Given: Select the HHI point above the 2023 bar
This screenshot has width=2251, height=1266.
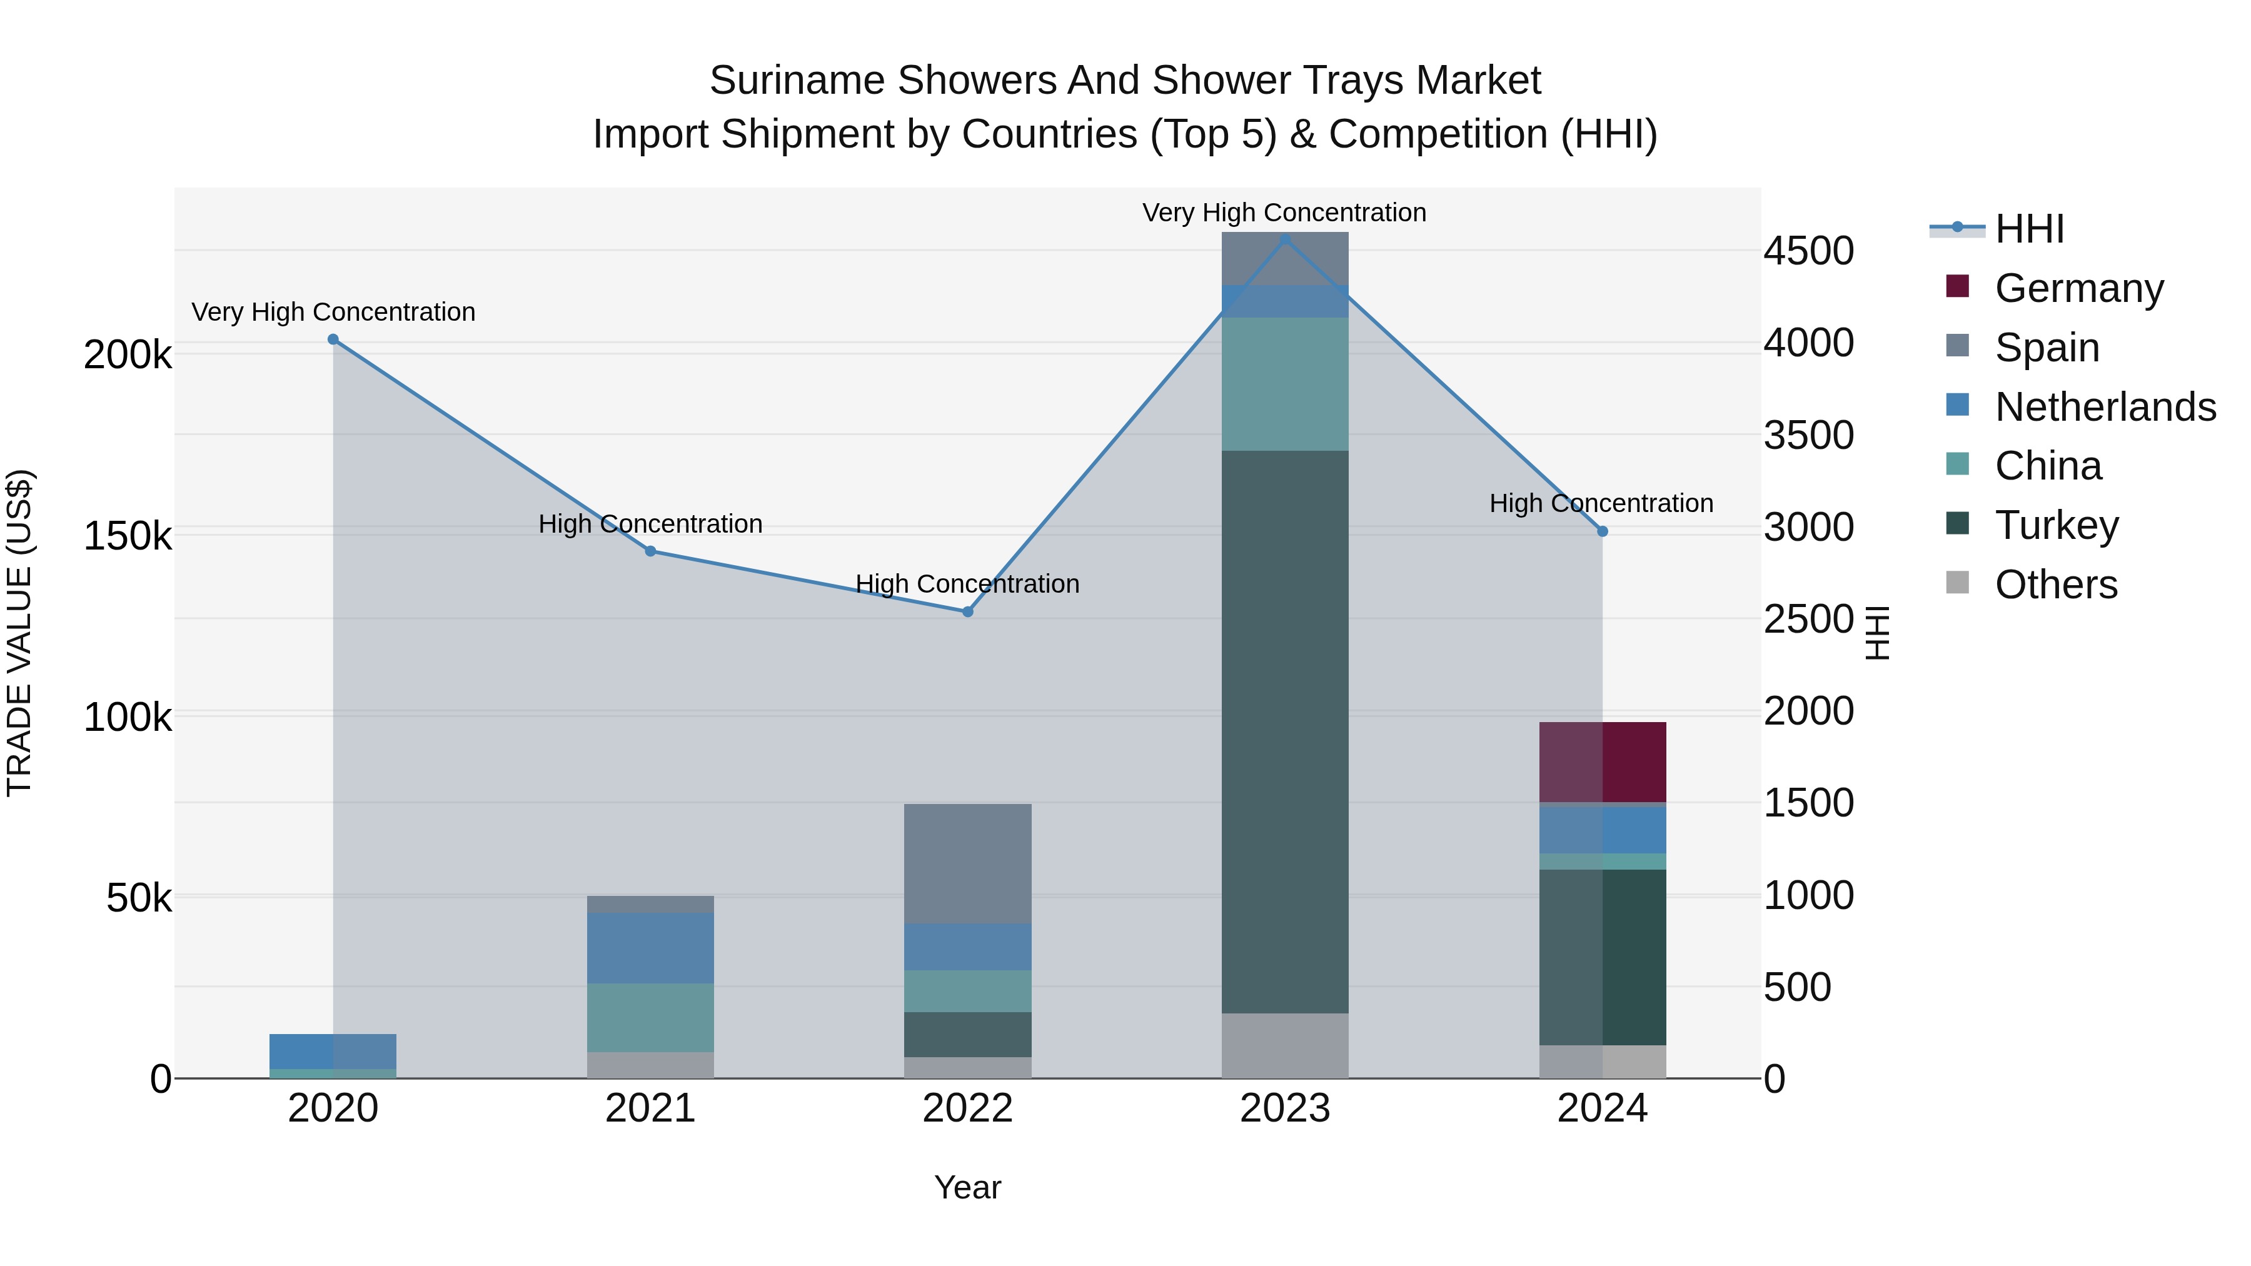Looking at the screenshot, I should pyautogui.click(x=1284, y=239).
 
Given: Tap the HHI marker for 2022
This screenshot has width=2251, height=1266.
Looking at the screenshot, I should pyautogui.click(x=967, y=611).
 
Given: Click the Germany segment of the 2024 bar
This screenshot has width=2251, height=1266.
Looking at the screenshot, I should pyautogui.click(x=1602, y=762).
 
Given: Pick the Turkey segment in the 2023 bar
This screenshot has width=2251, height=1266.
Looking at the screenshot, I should pyautogui.click(x=1284, y=732).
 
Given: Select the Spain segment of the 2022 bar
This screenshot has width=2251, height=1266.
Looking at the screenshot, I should pyautogui.click(x=967, y=863).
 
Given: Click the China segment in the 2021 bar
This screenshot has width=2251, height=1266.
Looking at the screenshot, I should pyautogui.click(x=650, y=1017).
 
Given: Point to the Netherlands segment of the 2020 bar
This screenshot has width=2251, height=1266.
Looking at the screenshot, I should pyautogui.click(x=333, y=1051).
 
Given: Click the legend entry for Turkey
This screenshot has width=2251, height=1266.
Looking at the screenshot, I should pyautogui.click(x=2056, y=525).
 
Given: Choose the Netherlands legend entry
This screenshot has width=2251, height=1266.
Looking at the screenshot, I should pyautogui.click(x=2104, y=407).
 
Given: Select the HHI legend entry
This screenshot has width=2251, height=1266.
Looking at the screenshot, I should pyautogui.click(x=2029, y=229).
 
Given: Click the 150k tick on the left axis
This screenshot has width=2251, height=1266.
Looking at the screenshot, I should pyautogui.click(x=128, y=536).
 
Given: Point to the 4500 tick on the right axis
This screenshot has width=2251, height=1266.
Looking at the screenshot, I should pyautogui.click(x=1808, y=251).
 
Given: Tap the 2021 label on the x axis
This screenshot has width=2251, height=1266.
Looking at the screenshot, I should pyautogui.click(x=650, y=1108).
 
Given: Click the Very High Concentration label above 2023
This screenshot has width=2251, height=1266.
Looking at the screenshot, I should pyautogui.click(x=1284, y=213).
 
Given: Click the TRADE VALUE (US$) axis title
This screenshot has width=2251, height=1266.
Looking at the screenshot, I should pyautogui.click(x=19, y=633).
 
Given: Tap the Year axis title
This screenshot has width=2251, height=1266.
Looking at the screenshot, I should pyautogui.click(x=967, y=1187).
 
